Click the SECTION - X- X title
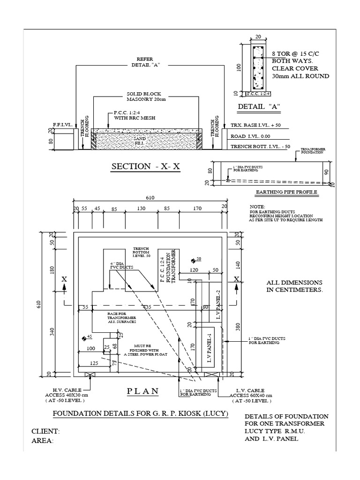click(145, 166)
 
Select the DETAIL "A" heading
click(259, 106)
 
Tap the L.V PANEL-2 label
click(218, 305)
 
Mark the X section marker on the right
click(236, 279)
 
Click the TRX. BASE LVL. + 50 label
click(258, 126)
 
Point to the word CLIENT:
click(46, 431)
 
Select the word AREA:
click(42, 441)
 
